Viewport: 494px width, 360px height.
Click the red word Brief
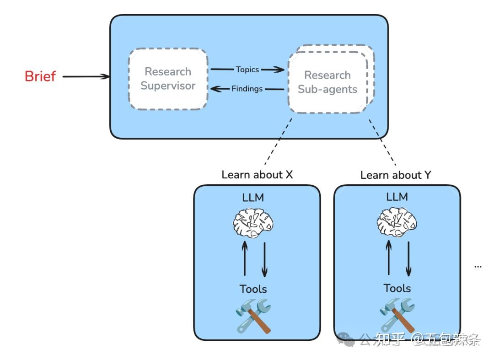point(40,76)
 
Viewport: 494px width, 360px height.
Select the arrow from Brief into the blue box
point(86,76)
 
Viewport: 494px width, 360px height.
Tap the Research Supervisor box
point(168,79)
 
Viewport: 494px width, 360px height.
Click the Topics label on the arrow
point(247,70)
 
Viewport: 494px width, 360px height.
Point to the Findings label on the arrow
point(247,89)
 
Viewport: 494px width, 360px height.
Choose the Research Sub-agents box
point(328,82)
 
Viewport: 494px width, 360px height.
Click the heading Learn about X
point(257,175)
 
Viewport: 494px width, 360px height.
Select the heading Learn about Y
point(396,175)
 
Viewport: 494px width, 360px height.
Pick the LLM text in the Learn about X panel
point(253,198)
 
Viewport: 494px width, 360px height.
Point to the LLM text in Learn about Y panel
point(397,197)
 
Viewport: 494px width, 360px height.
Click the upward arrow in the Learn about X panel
point(244,259)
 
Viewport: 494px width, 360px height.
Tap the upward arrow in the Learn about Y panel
point(388,258)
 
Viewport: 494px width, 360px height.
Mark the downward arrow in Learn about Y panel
point(408,259)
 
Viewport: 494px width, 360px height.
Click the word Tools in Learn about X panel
point(253,289)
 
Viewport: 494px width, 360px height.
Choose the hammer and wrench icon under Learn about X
point(253,315)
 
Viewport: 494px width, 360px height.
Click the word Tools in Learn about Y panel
point(397,288)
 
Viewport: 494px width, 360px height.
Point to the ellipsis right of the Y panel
point(478,266)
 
